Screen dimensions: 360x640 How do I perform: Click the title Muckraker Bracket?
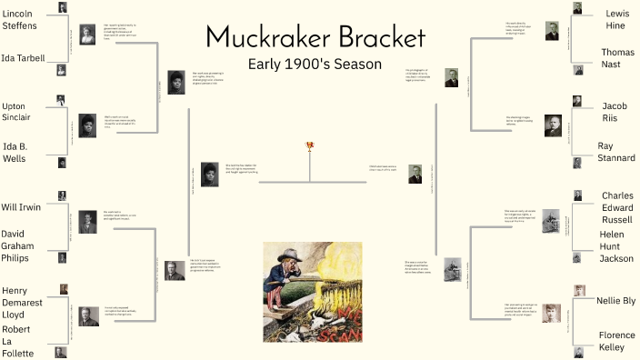(x=315, y=37)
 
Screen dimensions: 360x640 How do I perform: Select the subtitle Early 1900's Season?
(x=315, y=65)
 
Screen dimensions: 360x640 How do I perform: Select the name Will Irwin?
(x=23, y=206)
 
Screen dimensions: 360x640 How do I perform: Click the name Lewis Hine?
(x=617, y=21)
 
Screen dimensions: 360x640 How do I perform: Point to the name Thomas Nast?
(x=617, y=59)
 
